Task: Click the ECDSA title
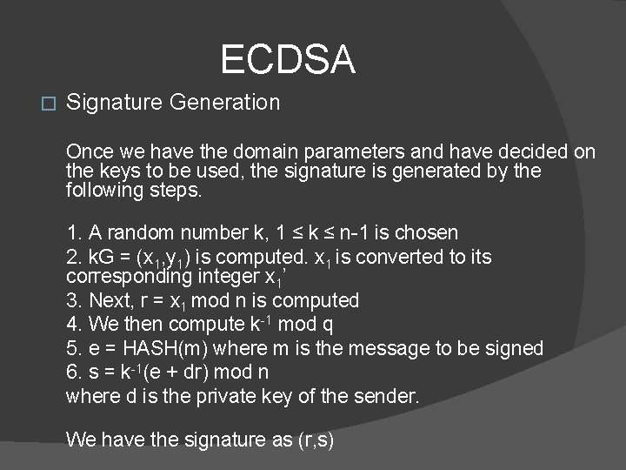[x=288, y=60]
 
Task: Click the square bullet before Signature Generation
[x=48, y=104]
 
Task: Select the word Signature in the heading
[x=115, y=103]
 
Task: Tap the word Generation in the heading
[x=225, y=103]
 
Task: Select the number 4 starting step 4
[x=72, y=325]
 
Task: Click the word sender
[x=388, y=397]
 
